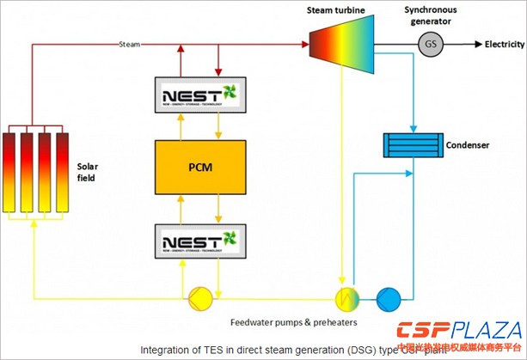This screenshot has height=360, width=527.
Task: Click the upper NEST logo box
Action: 200,93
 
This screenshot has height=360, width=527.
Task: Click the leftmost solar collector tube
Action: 10,170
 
